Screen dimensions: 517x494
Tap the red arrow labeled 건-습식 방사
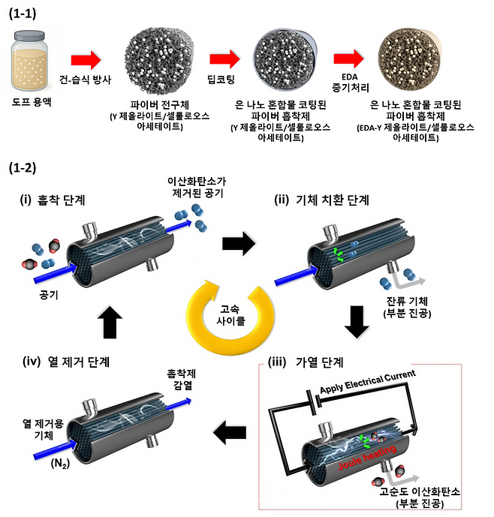85,59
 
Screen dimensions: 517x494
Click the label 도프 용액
32,105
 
